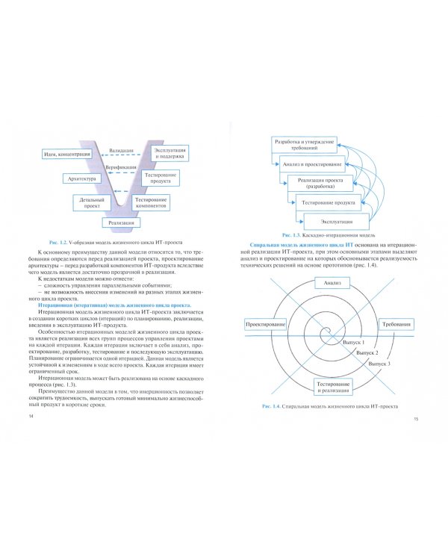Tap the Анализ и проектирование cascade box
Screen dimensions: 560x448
click(x=312, y=164)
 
